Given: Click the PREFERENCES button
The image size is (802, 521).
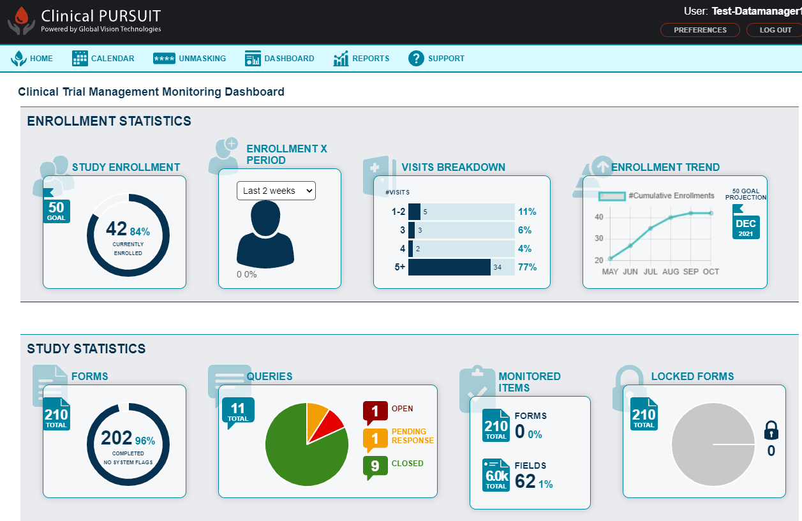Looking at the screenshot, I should (700, 30).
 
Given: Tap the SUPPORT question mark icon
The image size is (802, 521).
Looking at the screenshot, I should (417, 59).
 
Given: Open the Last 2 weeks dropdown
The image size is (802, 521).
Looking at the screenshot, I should (276, 191).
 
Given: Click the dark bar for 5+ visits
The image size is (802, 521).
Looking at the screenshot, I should (449, 267).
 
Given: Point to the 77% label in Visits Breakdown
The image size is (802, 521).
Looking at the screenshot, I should (527, 267).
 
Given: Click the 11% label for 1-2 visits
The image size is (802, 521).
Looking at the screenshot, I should (527, 212).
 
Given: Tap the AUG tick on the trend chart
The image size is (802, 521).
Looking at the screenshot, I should (671, 272).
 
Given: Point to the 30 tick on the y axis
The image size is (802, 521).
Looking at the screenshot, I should (598, 238).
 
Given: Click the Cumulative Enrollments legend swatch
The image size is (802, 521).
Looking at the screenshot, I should (612, 196).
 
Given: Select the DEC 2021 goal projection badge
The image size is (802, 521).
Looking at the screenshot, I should (746, 226).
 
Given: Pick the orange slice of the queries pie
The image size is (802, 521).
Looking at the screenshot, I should (316, 416).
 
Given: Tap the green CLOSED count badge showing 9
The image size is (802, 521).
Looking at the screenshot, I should (375, 466).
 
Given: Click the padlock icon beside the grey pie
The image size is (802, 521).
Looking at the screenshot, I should (771, 430).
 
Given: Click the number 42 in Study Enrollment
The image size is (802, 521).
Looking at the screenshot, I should (117, 229).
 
